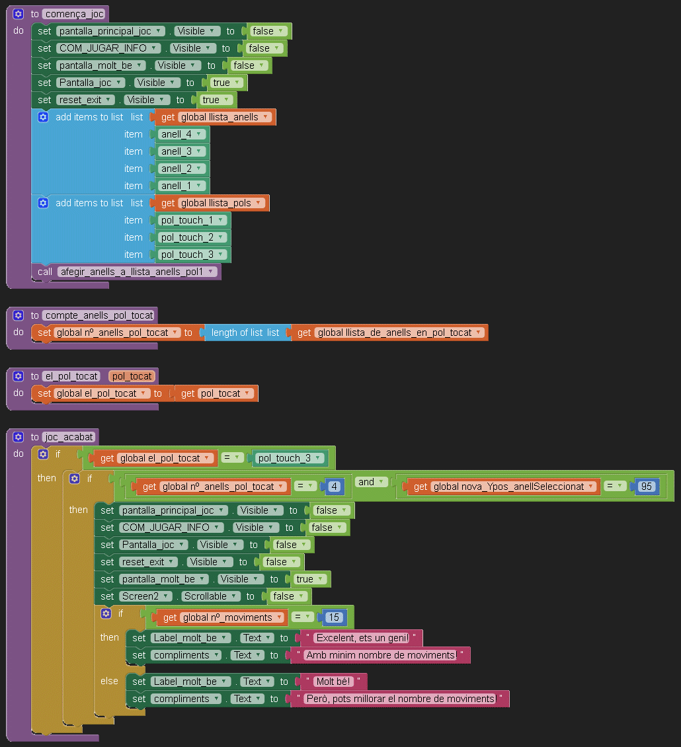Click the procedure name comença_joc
(74, 14)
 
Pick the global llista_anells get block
(216, 117)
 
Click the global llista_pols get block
(212, 203)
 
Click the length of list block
(245, 333)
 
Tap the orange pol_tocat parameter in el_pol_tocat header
(132, 376)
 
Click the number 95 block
(646, 487)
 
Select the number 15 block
(333, 617)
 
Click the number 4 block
(335, 487)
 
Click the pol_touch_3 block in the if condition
(288, 458)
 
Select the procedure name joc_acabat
(69, 437)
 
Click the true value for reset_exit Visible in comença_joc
(214, 100)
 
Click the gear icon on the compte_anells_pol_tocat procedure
(18, 315)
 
